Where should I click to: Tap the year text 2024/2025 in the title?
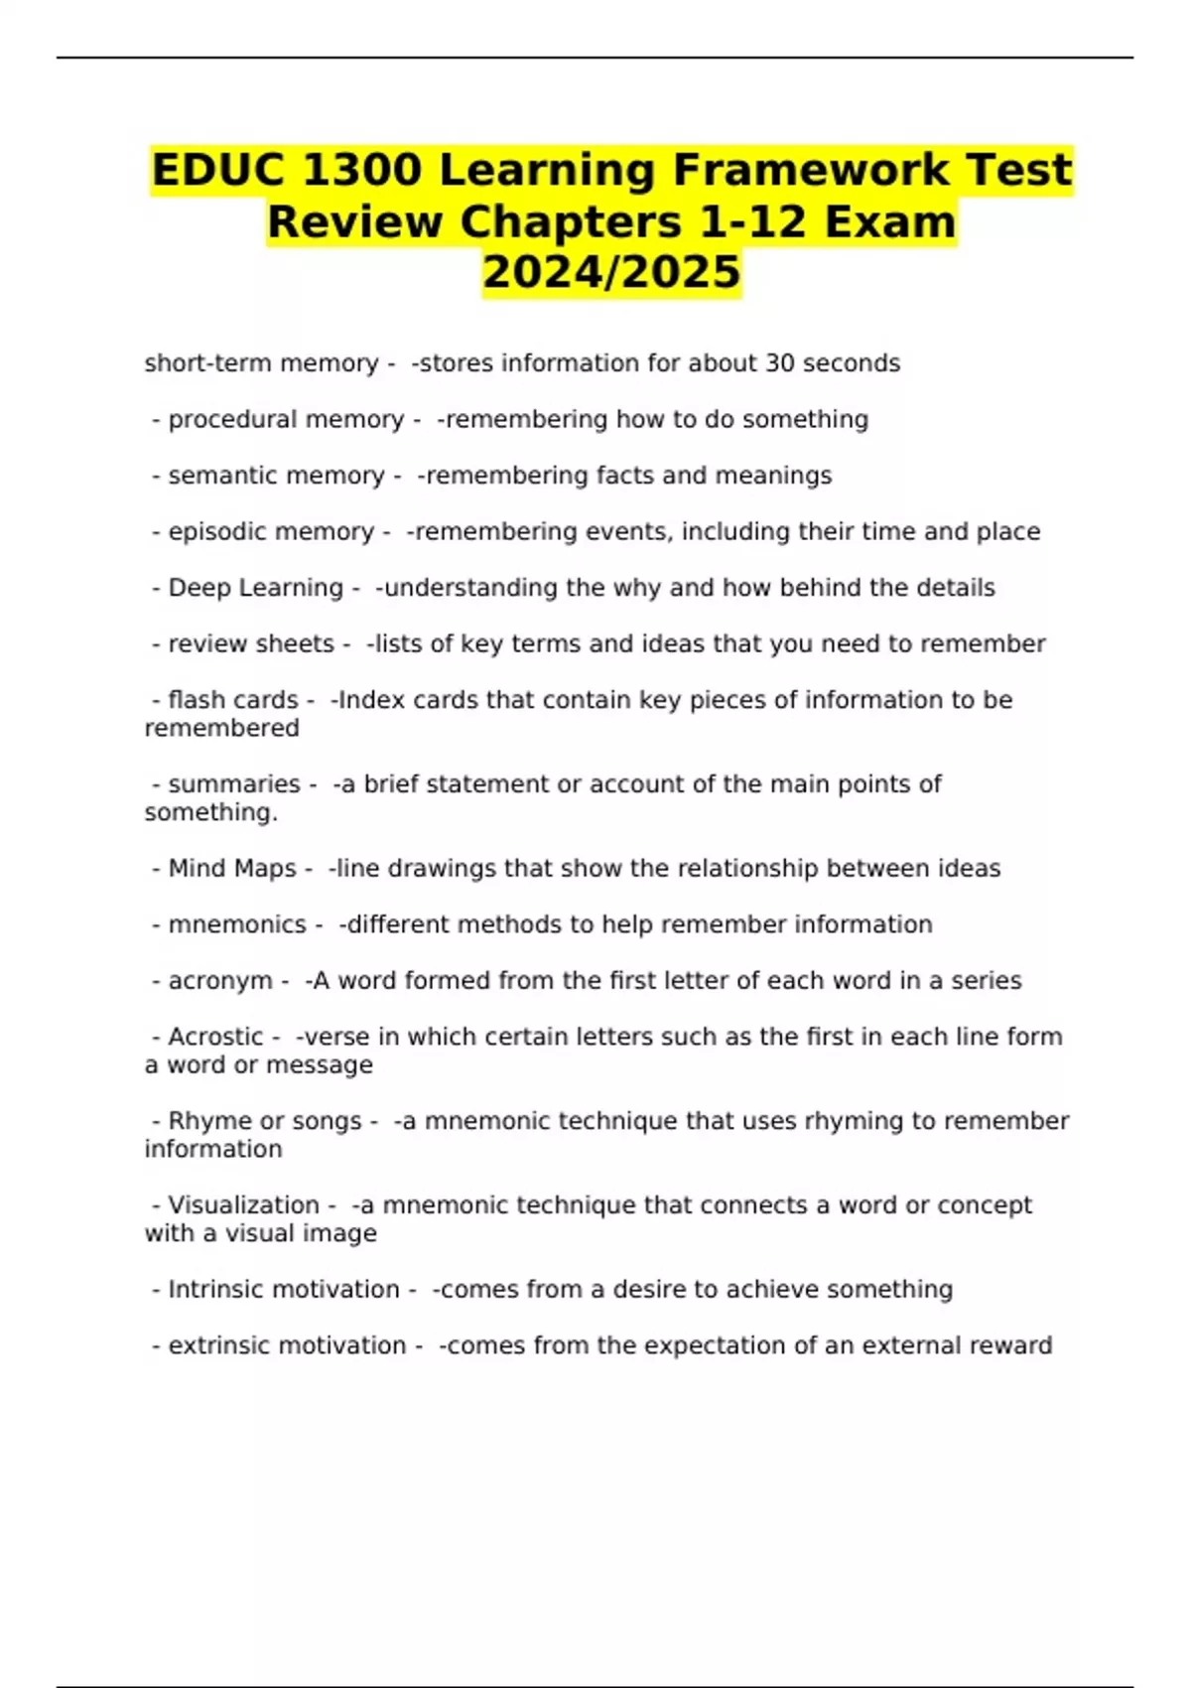(611, 271)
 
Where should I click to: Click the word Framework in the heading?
(811, 170)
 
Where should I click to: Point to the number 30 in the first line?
(779, 363)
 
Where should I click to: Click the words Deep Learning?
(255, 588)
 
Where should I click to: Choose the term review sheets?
(251, 644)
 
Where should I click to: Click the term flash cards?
(233, 700)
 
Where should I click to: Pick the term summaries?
(234, 784)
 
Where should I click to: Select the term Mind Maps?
(232, 869)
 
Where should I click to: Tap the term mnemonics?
(237, 924)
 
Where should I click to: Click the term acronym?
(220, 981)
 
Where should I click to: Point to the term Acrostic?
(215, 1037)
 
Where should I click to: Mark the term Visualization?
(243, 1205)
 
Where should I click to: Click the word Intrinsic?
(214, 1290)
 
